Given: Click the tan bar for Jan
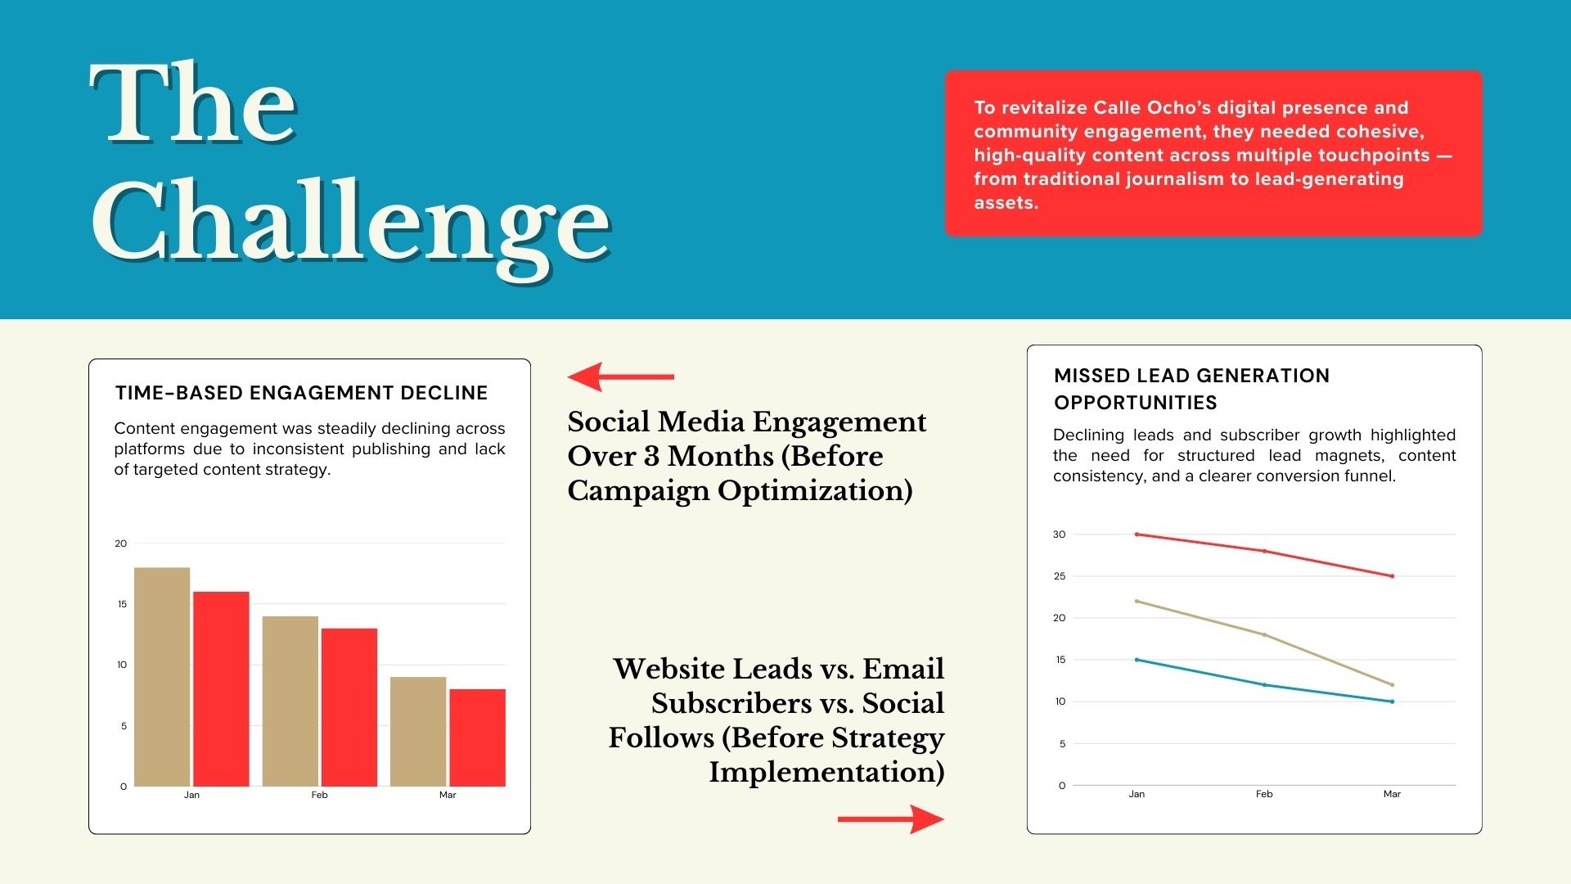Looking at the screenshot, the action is (162, 677).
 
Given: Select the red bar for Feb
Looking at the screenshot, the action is (349, 707).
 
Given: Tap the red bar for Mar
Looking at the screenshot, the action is (477, 737).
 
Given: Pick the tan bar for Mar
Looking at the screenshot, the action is (418, 732).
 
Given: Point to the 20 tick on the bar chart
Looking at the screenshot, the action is (121, 543).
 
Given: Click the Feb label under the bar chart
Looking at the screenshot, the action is (319, 795).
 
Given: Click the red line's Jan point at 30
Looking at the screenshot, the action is (1137, 534).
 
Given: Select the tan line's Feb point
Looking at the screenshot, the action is (1264, 634).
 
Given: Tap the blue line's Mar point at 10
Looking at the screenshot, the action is (1392, 701).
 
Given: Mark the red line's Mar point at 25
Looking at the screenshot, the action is (1392, 576).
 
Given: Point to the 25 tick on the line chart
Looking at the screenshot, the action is (1060, 576).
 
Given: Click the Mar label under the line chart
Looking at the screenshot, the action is (1392, 794).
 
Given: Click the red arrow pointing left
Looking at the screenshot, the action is (621, 377).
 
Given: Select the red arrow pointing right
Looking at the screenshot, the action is (891, 819).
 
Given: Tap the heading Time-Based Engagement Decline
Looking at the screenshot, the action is (301, 393).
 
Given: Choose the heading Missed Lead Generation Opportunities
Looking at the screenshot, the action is (1191, 389).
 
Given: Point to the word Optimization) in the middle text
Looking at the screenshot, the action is (815, 491).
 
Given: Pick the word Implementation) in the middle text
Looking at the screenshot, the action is (826, 772).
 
